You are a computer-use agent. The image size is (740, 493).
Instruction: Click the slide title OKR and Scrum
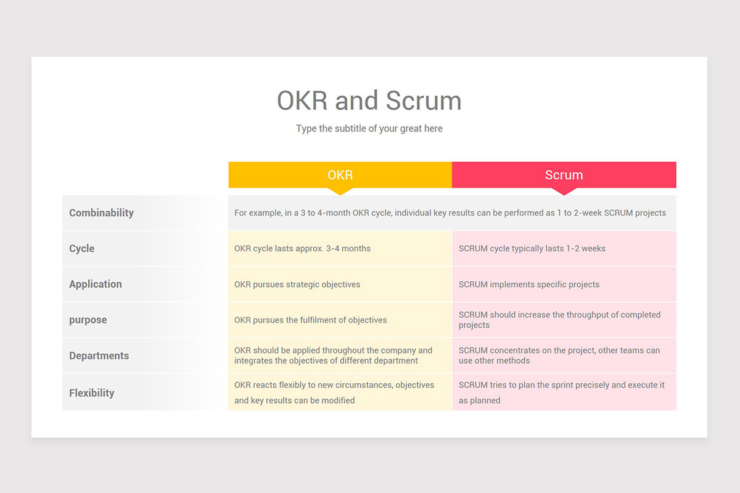pos(369,101)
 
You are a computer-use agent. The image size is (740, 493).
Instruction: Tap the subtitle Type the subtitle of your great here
pos(369,129)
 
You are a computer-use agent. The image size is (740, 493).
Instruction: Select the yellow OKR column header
pos(340,175)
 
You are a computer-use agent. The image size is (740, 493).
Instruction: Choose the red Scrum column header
pos(564,175)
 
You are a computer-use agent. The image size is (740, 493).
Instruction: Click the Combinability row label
pos(101,213)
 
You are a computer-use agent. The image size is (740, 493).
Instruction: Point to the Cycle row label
pos(82,248)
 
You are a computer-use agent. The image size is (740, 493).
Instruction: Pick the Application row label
pos(96,284)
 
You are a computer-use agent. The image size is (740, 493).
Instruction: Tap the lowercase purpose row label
pos(88,320)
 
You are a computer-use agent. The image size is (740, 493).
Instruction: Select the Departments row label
pos(99,356)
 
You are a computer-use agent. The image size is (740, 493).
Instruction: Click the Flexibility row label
pos(92,393)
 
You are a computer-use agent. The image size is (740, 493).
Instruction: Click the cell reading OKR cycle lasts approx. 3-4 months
pos(302,248)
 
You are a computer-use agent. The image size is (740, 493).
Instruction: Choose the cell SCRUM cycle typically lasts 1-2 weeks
pos(532,248)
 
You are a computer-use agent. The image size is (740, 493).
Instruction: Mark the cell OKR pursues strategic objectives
pos(297,284)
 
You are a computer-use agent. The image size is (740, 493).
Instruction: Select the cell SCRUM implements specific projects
pos(528,284)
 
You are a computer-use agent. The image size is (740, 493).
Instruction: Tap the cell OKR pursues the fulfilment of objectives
pos(311,320)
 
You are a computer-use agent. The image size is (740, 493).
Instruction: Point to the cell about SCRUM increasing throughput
pos(559,320)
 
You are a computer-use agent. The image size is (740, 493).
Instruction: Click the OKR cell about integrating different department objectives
pos(333,356)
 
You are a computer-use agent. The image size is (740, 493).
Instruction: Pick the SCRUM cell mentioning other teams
pos(559,356)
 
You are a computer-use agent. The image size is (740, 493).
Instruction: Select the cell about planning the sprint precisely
pos(561,392)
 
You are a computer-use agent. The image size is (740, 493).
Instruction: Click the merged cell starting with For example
pos(450,213)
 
